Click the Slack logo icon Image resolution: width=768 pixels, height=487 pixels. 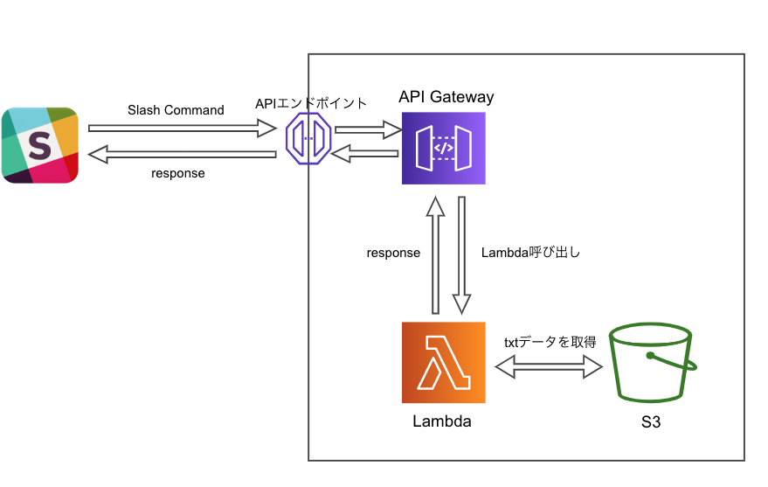click(x=40, y=144)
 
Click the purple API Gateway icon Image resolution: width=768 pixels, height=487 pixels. click(x=443, y=148)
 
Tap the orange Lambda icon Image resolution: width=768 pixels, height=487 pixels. click(x=443, y=362)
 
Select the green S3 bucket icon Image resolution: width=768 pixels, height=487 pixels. click(x=651, y=362)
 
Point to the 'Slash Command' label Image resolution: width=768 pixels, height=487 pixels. click(x=176, y=110)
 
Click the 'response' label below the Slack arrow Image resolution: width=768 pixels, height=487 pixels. click(x=177, y=173)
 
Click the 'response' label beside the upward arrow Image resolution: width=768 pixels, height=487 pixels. click(x=393, y=253)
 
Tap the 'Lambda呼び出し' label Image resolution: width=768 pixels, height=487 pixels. click(x=531, y=253)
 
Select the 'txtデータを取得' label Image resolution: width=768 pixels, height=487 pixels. click(x=550, y=342)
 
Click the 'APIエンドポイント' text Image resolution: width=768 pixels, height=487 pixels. click(x=311, y=103)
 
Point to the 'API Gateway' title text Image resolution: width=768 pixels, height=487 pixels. click(x=446, y=97)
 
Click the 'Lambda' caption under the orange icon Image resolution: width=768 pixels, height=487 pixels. click(x=442, y=421)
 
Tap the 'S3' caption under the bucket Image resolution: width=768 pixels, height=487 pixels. click(x=650, y=422)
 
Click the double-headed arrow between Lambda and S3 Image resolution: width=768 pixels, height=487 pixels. click(x=550, y=367)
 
